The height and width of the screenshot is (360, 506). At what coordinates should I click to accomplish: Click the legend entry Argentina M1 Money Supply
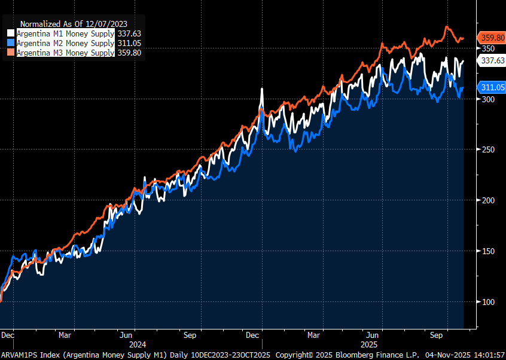click(65, 33)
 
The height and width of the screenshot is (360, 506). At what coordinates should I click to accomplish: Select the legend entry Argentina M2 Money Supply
click(65, 43)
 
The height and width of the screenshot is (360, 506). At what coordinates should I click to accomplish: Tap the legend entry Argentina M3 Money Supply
click(65, 53)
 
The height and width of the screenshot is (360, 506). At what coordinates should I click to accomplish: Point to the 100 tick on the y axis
click(488, 302)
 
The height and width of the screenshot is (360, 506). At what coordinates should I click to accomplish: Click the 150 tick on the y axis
click(488, 251)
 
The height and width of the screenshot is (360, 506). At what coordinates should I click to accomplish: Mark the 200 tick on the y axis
click(488, 200)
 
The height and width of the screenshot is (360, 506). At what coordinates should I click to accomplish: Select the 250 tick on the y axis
click(488, 150)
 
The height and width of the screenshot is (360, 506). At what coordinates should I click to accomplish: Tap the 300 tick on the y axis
click(488, 99)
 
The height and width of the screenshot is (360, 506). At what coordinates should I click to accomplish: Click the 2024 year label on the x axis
click(137, 344)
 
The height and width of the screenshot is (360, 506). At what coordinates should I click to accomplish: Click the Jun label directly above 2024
click(127, 335)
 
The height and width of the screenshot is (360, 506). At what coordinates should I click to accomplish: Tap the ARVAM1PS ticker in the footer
click(20, 355)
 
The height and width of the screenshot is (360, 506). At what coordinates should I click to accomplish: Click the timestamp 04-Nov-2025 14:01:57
click(464, 355)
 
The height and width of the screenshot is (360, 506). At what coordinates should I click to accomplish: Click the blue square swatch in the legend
click(11, 43)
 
